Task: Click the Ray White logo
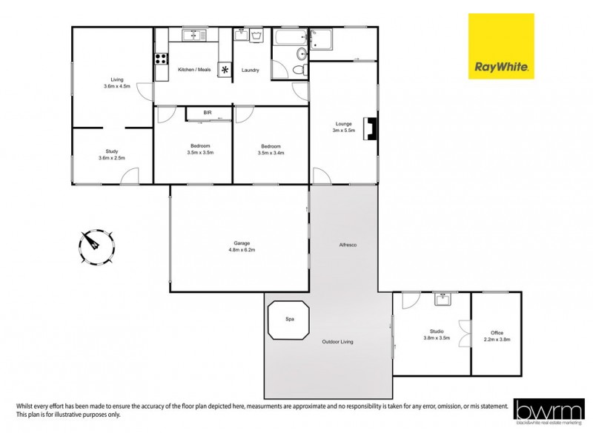pyautogui.click(x=501, y=46)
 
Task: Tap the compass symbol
pyautogui.click(x=96, y=246)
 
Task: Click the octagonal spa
pyautogui.click(x=288, y=320)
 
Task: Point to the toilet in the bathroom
pyautogui.click(x=298, y=69)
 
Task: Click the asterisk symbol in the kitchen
pyautogui.click(x=225, y=69)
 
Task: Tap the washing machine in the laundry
pyautogui.click(x=256, y=34)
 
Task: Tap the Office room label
pyautogui.click(x=497, y=332)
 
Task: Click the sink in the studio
pyautogui.click(x=443, y=299)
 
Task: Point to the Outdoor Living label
pyautogui.click(x=337, y=341)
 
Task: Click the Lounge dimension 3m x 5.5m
pyautogui.click(x=343, y=131)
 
